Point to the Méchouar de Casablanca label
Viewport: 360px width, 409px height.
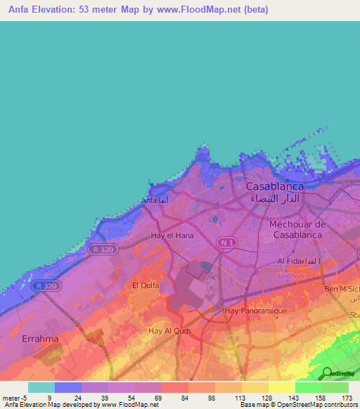click(x=297, y=229)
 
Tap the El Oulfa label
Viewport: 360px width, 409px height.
click(x=146, y=285)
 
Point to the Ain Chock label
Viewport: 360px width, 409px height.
click(x=288, y=276)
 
